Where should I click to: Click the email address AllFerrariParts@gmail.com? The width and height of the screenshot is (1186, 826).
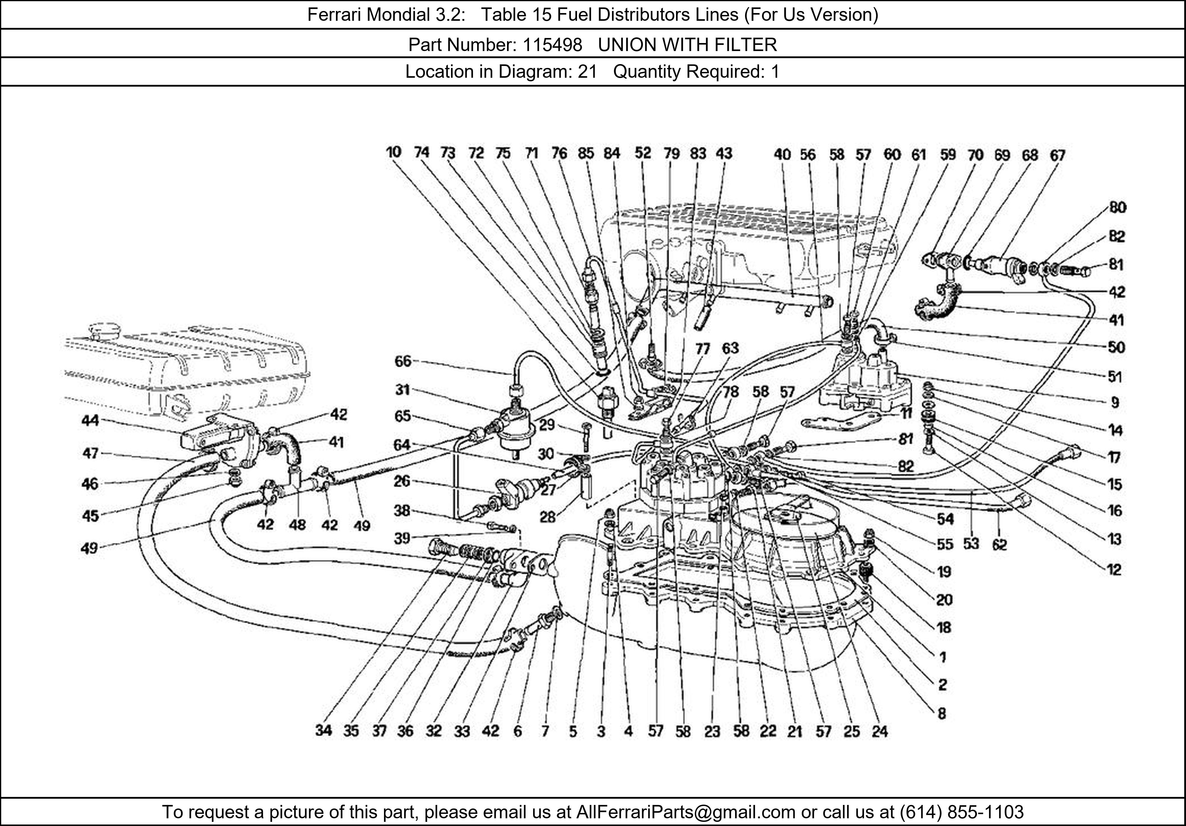pos(686,812)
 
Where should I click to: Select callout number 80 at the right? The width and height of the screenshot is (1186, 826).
pos(1117,208)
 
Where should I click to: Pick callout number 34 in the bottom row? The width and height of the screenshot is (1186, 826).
pos(323,731)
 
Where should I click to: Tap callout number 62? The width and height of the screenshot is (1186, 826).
pos(1000,544)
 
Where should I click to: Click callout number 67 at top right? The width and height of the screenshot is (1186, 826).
pos(1057,155)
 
